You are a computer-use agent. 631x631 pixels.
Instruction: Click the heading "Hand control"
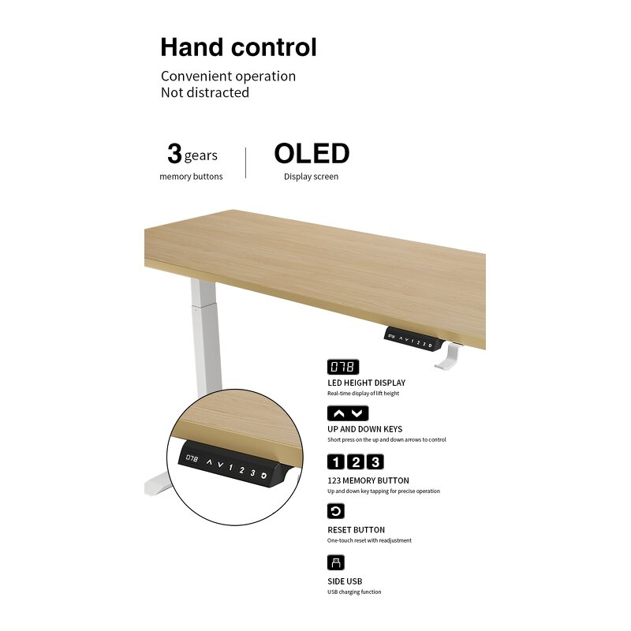point(238,47)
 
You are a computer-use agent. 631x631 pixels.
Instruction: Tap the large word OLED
point(312,153)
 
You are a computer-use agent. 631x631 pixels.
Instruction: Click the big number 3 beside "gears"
point(174,154)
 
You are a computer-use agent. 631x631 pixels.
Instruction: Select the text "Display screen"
point(311,177)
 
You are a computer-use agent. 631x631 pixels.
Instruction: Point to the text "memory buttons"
point(191,177)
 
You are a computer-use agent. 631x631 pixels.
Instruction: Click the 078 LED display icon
point(343,367)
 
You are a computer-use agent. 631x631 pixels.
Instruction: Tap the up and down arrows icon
point(348,413)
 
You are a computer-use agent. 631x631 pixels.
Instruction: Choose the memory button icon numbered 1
point(335,462)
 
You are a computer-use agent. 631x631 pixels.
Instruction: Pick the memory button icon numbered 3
point(375,462)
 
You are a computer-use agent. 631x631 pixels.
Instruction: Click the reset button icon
point(336,511)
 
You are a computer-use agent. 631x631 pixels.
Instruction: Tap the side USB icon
point(336,562)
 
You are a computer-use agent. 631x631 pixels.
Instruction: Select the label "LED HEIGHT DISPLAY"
point(366,383)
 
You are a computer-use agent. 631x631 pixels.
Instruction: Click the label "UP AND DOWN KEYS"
point(364,430)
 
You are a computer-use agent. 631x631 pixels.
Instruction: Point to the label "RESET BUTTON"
point(356,530)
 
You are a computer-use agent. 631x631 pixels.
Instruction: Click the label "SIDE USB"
point(345,581)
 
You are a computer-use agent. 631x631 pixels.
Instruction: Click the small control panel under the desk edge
point(411,339)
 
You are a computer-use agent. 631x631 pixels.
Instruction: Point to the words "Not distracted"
point(205,92)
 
